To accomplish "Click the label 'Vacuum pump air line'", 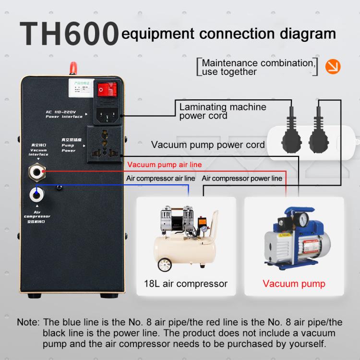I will coord(164,165).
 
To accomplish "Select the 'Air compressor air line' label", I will coord(160,178).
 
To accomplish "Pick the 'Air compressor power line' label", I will coord(242,178).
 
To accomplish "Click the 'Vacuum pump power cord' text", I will coord(208,144).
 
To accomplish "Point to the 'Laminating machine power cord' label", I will coord(222,111).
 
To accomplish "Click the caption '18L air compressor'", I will coord(185,283).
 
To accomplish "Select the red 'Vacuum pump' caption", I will coord(294,283).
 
